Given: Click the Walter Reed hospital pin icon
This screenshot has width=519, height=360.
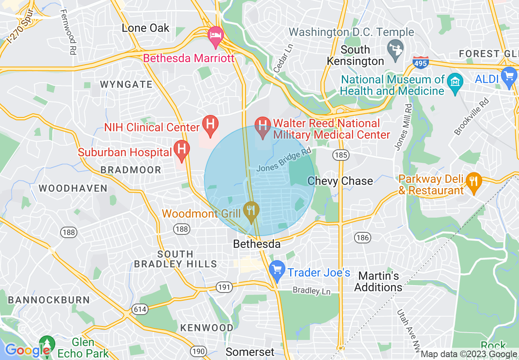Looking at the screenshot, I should pyautogui.click(x=262, y=125).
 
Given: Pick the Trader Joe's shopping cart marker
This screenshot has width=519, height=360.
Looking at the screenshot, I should pyautogui.click(x=278, y=270).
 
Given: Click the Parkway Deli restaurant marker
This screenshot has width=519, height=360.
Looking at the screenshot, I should pyautogui.click(x=474, y=181).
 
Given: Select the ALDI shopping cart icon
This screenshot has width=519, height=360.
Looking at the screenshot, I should pyautogui.click(x=509, y=76).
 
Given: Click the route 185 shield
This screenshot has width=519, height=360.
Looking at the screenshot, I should pyautogui.click(x=341, y=155).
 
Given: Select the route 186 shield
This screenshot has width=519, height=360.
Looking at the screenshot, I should pyautogui.click(x=362, y=238).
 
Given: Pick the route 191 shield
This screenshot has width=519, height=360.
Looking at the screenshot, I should pyautogui.click(x=224, y=287).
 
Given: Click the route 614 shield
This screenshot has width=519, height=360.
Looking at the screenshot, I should pyautogui.click(x=140, y=310).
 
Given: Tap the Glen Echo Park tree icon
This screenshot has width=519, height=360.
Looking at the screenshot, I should pyautogui.click(x=47, y=344).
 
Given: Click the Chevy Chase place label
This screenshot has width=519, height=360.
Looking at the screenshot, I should pyautogui.click(x=340, y=181).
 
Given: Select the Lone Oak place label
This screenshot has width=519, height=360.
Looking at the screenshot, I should pyautogui.click(x=146, y=28).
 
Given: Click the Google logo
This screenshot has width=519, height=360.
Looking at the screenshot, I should pyautogui.click(x=27, y=350).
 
